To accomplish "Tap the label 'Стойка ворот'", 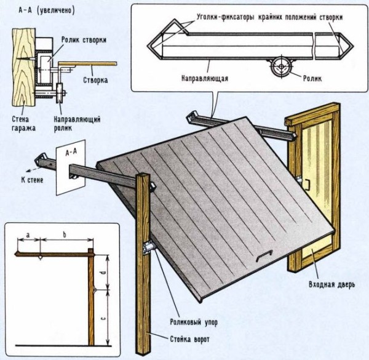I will coord(189,338).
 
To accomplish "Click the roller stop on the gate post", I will coord(149,247).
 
